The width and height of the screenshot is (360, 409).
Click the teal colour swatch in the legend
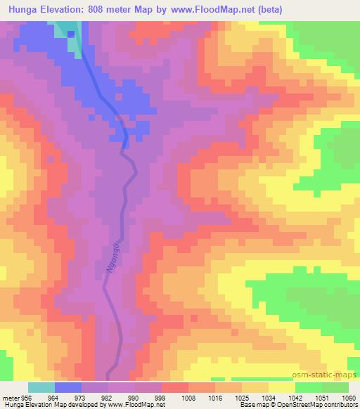click(x=41, y=387)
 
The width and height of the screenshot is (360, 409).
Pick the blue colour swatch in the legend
click(x=68, y=387)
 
